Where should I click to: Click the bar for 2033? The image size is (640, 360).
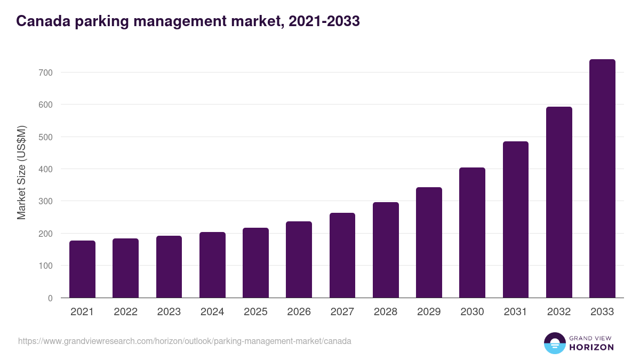coord(602,179)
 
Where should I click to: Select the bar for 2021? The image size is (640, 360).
coord(82,269)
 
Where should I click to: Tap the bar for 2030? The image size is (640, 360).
coord(472,233)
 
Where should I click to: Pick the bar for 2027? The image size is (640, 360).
coord(342,255)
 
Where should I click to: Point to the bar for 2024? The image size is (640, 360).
coord(212,265)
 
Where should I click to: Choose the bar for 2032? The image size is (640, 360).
coord(559,202)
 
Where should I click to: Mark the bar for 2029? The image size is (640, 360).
coord(429,243)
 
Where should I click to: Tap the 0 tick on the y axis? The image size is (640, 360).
coord(50,298)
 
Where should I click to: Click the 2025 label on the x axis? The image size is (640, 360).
coord(255,312)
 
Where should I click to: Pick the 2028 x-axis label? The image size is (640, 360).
coord(386,312)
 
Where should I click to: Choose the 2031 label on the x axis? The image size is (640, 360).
coord(515,312)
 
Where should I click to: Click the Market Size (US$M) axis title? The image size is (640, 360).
coord(22,172)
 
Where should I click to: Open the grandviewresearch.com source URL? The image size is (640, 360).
coord(185,341)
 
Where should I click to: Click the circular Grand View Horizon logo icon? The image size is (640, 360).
coord(554,343)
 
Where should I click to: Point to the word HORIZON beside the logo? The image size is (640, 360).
coord(591,347)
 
